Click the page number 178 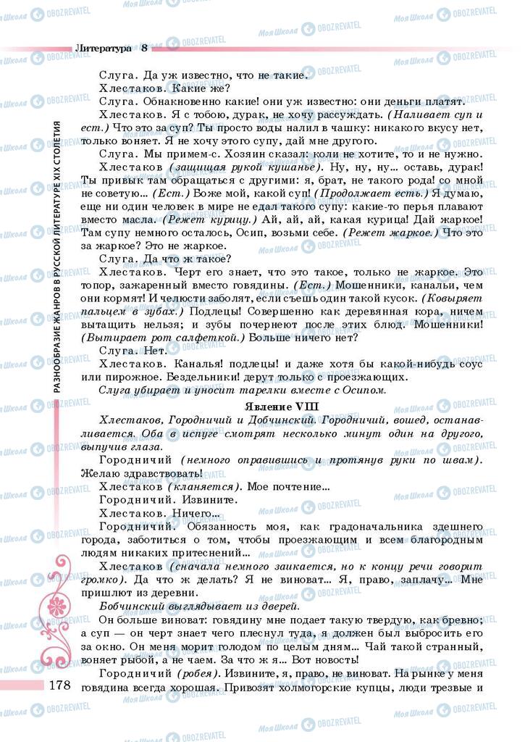[56, 685]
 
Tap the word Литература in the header [103, 48]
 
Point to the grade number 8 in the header [144, 48]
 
